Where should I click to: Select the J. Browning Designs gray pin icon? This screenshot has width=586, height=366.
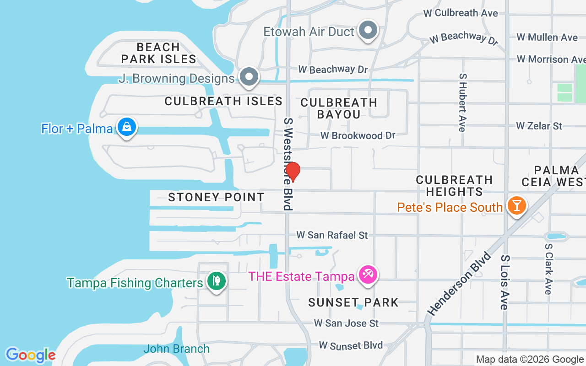249,77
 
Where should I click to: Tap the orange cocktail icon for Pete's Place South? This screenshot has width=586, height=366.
516,206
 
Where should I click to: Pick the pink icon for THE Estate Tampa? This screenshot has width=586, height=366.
368,275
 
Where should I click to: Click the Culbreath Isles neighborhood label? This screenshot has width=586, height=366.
223,101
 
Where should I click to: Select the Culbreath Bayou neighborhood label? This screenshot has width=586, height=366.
339,108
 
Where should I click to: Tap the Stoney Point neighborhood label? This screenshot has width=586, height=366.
216,197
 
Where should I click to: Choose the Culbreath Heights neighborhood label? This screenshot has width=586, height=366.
454,185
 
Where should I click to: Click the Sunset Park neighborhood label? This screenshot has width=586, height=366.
353,302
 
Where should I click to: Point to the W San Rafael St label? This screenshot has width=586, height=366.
332,235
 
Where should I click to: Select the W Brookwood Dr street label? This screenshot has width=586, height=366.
358,135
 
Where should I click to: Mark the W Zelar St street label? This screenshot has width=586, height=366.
539,125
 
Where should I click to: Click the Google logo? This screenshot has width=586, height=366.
31,355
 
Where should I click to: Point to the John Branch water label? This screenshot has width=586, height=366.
176,349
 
